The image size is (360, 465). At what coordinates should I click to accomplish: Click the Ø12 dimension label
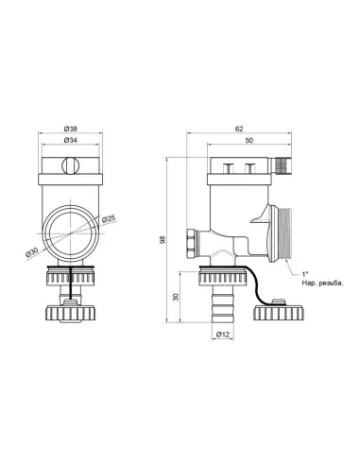224,336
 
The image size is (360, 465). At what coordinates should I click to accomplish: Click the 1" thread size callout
303,272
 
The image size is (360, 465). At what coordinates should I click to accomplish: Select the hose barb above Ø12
224,303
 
